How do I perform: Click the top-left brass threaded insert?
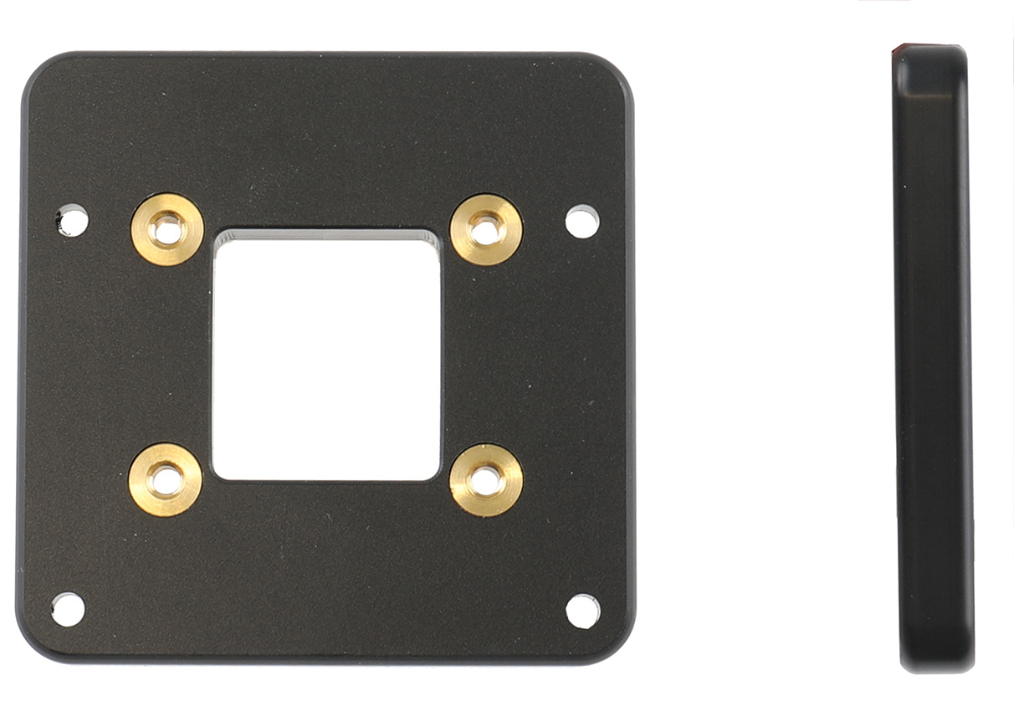[x=167, y=229]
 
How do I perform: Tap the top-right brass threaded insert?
[x=486, y=228]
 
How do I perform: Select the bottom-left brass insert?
[x=165, y=479]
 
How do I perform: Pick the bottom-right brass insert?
[x=486, y=479]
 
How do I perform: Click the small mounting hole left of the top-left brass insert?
[x=72, y=221]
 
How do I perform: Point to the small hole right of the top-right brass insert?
[x=582, y=222]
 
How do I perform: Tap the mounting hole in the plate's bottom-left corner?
[x=68, y=609]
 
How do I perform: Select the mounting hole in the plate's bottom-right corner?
[x=582, y=611]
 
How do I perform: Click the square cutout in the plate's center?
[x=326, y=355]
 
